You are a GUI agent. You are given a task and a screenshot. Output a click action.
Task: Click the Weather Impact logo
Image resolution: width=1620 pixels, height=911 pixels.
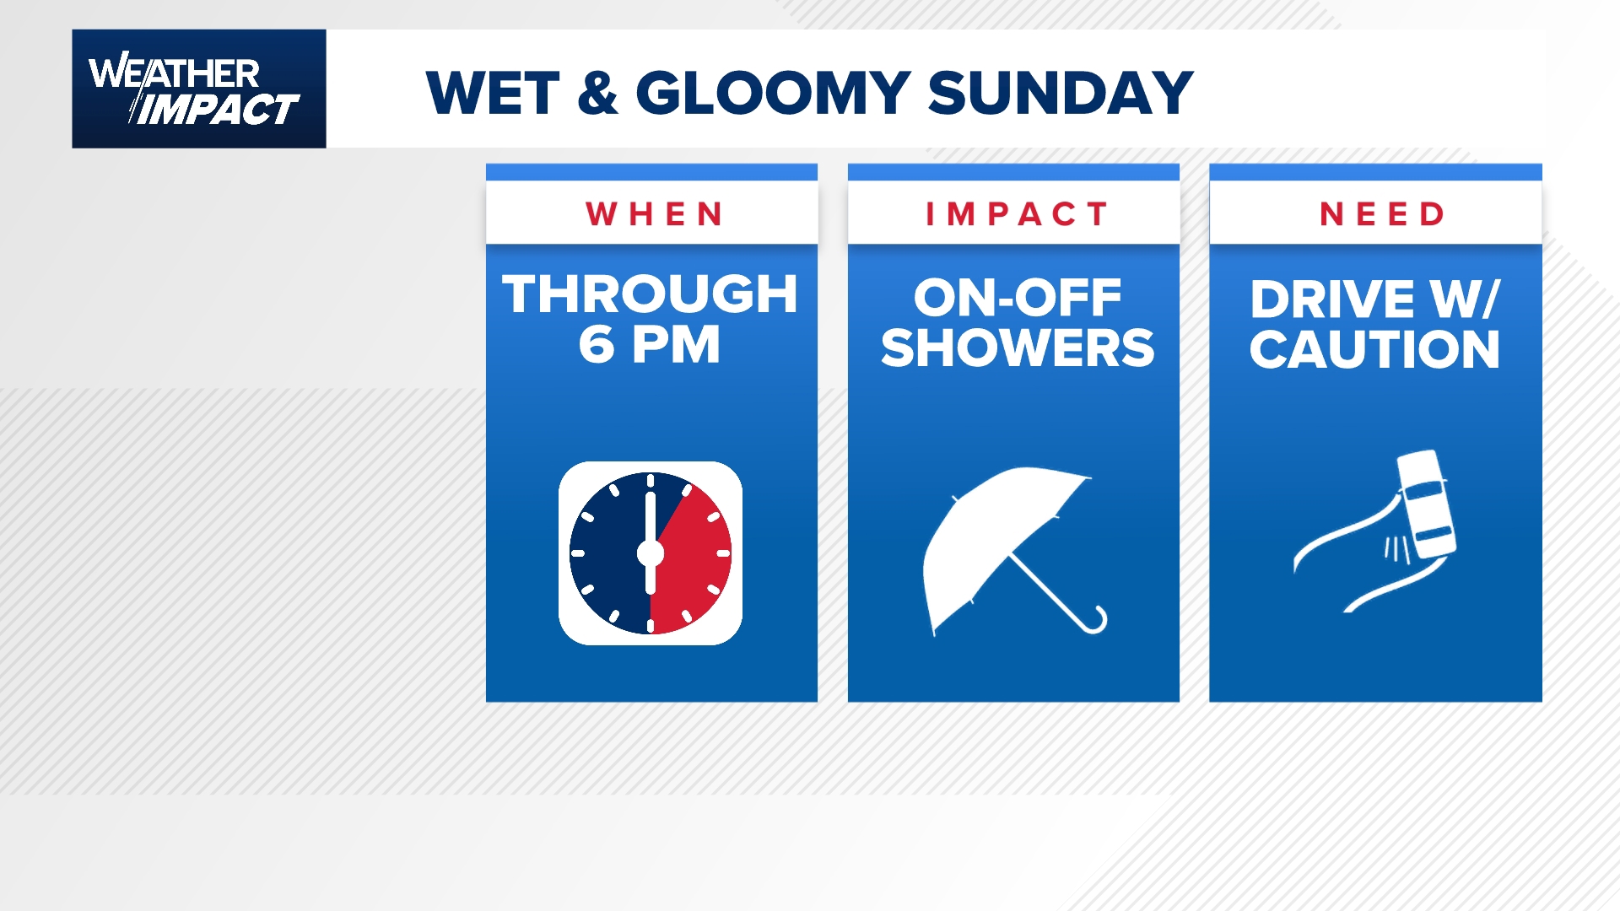coord(199,89)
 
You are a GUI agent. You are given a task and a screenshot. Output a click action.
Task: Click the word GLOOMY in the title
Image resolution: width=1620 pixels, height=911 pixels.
coord(772,93)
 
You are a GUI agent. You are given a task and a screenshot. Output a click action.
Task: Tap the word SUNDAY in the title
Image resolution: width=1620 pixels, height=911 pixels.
coord(1061,93)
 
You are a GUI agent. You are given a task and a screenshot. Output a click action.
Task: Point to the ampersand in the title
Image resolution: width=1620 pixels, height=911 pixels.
coord(597,93)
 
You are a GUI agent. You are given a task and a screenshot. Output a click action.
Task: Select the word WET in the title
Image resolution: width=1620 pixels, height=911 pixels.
coord(493,93)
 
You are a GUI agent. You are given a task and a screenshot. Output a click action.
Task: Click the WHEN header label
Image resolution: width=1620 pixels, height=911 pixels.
coord(655,214)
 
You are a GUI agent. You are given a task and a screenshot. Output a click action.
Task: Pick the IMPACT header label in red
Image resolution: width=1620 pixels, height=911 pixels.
coord(1016,214)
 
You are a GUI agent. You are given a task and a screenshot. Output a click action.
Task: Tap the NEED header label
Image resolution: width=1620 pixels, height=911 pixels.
coord(1382,214)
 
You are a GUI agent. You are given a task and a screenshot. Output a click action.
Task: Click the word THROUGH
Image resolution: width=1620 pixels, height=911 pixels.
coord(650,294)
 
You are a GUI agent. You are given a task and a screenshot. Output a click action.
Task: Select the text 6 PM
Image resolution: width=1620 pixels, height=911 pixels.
coord(650,344)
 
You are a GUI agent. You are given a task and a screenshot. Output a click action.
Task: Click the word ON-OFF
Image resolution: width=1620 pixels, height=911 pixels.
coord(1017,298)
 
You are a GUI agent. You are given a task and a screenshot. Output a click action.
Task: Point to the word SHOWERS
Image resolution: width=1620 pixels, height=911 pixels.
coord(1017,348)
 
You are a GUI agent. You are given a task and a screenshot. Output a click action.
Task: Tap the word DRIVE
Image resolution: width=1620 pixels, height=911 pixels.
coord(1331,299)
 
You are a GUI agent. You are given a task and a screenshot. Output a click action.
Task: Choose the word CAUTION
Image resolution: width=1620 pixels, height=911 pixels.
coord(1374,349)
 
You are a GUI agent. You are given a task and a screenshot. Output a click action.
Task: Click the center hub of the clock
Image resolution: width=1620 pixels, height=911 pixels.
coord(651,553)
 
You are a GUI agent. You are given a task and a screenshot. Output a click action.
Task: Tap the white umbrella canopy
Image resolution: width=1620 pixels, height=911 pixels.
coord(996,540)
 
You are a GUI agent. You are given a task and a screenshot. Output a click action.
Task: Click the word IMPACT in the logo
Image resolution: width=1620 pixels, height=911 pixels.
coord(218,110)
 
